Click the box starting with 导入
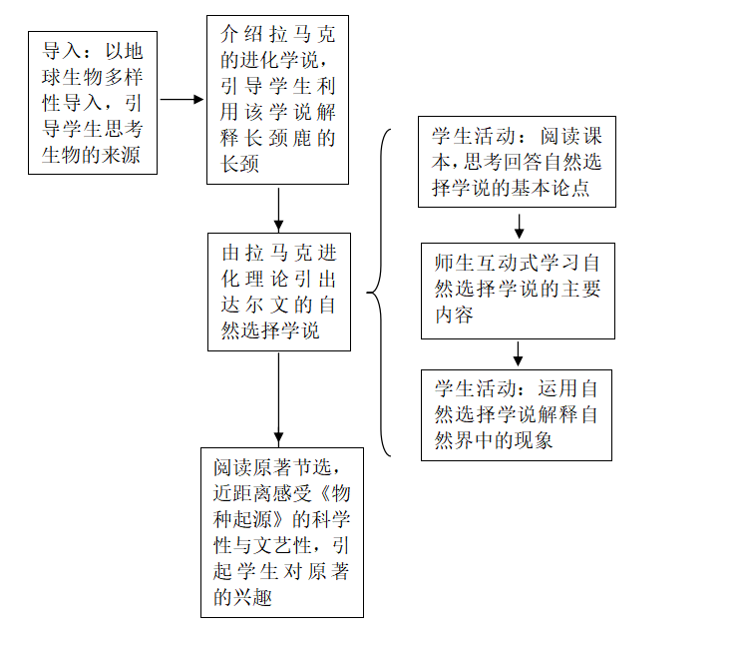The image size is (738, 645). [93, 102]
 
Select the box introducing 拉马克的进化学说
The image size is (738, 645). [278, 99]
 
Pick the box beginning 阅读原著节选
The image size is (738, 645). [282, 532]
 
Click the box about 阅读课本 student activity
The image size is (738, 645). [517, 163]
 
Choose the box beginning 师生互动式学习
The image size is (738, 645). [518, 291]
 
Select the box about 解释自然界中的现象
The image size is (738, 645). [517, 414]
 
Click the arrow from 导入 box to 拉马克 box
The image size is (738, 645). [182, 100]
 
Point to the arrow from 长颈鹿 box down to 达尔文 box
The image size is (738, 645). [278, 208]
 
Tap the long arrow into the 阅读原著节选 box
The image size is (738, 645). [278, 398]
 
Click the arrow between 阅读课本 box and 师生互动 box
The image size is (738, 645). [519, 225]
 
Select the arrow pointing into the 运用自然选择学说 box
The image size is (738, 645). [519, 353]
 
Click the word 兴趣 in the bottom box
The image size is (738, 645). [257, 597]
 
